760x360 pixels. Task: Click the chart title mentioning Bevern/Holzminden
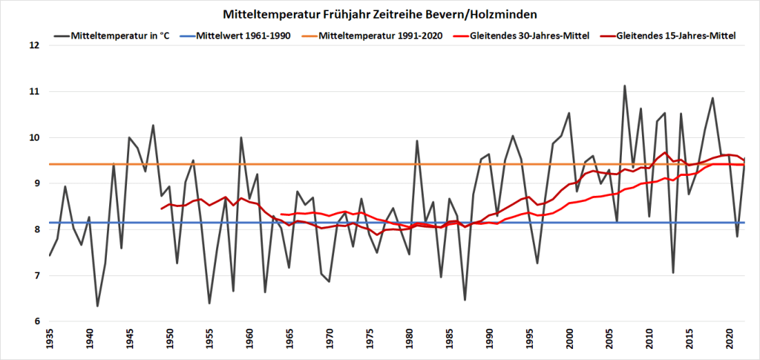[x=380, y=14]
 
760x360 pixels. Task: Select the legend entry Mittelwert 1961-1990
[x=241, y=36]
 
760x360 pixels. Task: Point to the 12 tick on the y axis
[x=33, y=45]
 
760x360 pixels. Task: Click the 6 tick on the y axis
[x=33, y=321]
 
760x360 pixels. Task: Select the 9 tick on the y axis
[x=33, y=183]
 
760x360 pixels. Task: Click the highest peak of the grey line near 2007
[x=624, y=86]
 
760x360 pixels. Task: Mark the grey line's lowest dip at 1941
[x=97, y=306]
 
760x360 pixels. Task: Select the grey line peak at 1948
[x=153, y=125]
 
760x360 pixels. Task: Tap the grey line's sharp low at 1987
[x=465, y=300]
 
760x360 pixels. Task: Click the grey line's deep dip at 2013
[x=672, y=272]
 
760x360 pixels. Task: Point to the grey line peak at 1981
[x=417, y=141]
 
